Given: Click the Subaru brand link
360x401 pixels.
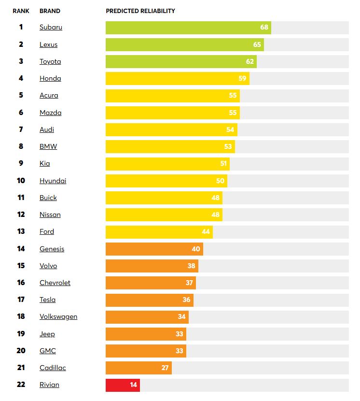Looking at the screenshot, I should click(51, 28).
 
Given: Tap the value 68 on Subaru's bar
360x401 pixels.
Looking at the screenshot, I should click(264, 28).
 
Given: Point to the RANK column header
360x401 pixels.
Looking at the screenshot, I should click(21, 11).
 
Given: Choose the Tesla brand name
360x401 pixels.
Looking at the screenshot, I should click(47, 300).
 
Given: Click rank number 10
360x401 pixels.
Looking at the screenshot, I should click(21, 181).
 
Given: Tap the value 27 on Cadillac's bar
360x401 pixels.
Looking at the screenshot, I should click(165, 368).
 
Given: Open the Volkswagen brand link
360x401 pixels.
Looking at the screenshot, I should click(58, 317).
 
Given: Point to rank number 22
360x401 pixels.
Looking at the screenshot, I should click(21, 385).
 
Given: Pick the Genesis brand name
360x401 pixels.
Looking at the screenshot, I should click(52, 249).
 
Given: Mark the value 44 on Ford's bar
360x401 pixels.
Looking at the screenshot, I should click(206, 232).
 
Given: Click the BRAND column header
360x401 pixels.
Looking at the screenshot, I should click(49, 11).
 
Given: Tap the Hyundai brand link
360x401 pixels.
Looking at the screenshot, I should click(53, 181).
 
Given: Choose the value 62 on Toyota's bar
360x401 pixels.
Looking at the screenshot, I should click(249, 62).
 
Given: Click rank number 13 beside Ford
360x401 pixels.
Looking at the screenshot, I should click(21, 232).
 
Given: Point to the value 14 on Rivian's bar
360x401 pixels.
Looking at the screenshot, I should click(133, 385).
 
